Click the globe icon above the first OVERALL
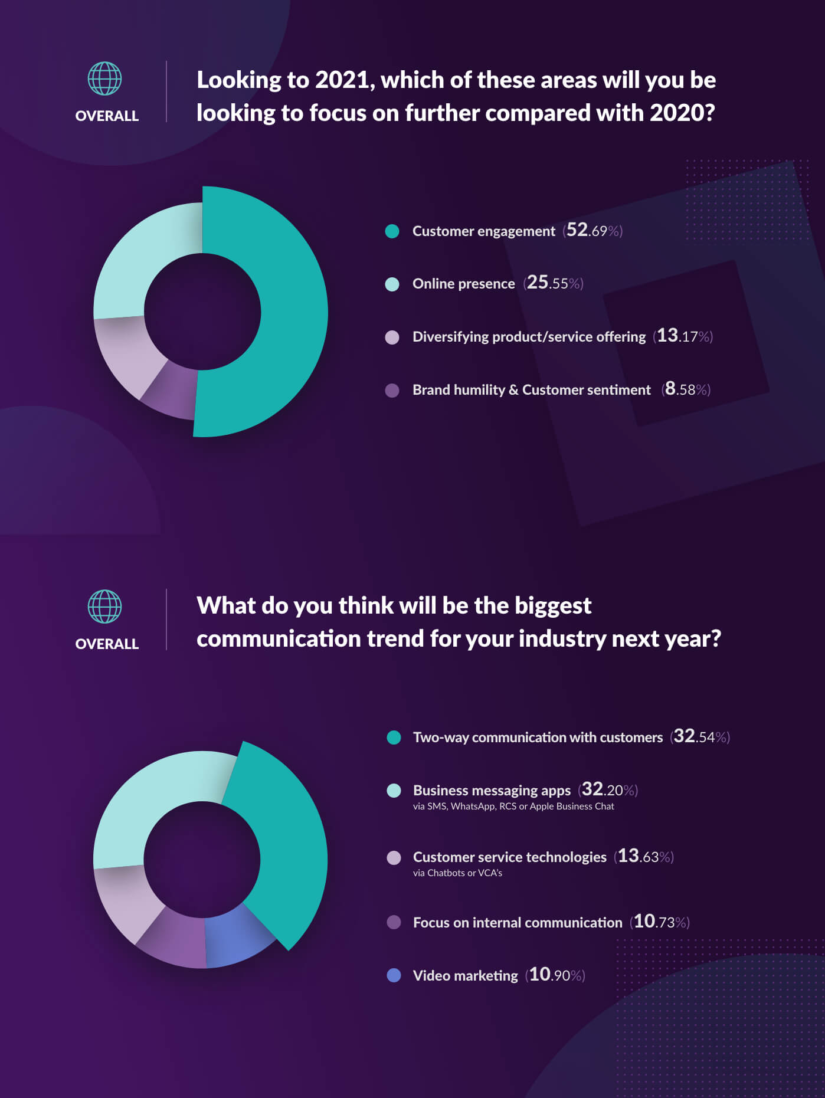tap(104, 78)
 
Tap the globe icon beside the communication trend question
tap(104, 607)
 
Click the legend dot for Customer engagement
tap(392, 231)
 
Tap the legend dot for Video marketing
tap(394, 975)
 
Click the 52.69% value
tap(593, 230)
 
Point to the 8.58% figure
tap(686, 389)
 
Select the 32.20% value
tap(608, 789)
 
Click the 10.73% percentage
tap(660, 922)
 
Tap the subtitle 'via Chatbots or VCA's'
tap(457, 873)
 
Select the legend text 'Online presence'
tap(463, 284)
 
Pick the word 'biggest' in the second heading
tap(553, 606)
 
